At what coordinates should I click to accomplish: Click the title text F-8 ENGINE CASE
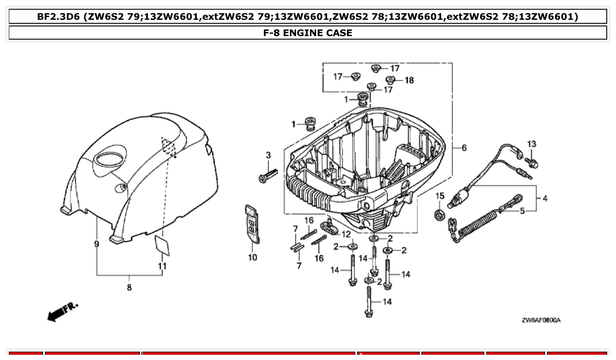pyautogui.click(x=308, y=33)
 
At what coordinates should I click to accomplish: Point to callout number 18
pyautogui.click(x=409, y=80)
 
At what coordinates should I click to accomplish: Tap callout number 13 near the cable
pyautogui.click(x=532, y=144)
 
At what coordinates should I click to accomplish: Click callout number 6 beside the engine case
pyautogui.click(x=464, y=148)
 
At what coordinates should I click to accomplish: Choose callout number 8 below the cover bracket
pyautogui.click(x=129, y=287)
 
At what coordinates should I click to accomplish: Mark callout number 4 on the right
pyautogui.click(x=545, y=198)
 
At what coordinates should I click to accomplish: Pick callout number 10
pyautogui.click(x=252, y=257)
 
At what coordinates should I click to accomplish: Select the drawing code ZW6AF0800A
pyautogui.click(x=541, y=320)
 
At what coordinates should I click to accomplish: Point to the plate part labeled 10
pyautogui.click(x=252, y=223)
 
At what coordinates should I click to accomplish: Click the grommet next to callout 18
pyautogui.click(x=390, y=80)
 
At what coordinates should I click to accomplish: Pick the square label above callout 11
pyautogui.click(x=162, y=245)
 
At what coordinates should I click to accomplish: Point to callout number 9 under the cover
pyautogui.click(x=96, y=244)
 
